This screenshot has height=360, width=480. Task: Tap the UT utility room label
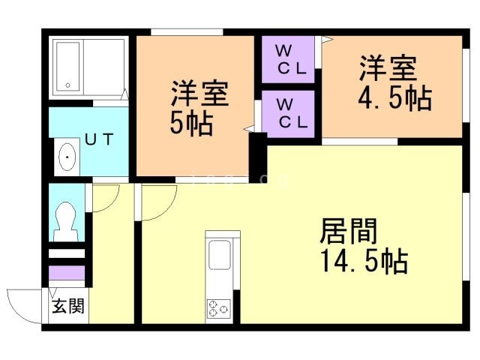click(x=99, y=139)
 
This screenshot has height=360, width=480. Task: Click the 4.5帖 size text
click(x=394, y=99)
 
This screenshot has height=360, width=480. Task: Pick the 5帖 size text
click(x=190, y=122)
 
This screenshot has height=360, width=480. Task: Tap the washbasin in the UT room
click(x=68, y=157)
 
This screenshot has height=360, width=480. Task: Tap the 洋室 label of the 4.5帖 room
click(x=387, y=70)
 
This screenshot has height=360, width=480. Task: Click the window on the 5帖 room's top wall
click(x=187, y=31)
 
